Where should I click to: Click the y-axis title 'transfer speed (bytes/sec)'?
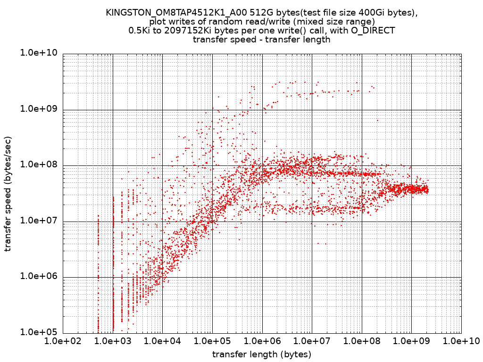[8, 194]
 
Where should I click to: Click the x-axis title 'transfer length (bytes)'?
[262, 354]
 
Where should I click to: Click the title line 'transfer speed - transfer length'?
[262, 40]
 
